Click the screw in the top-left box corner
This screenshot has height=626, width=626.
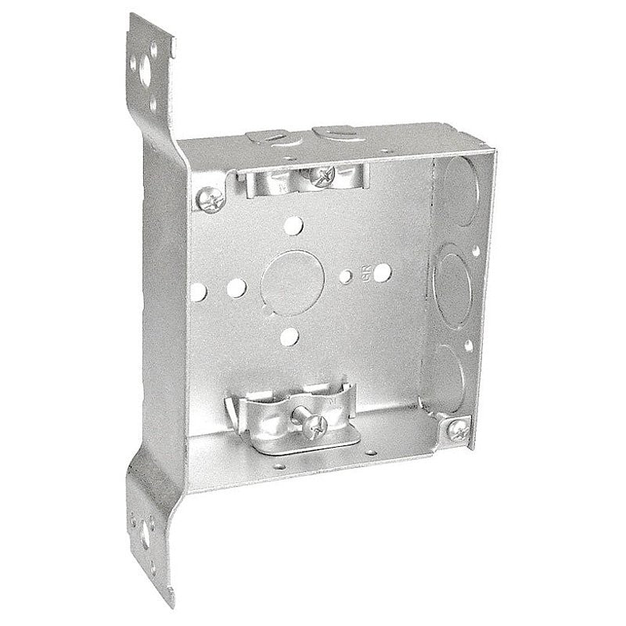pyautogui.click(x=210, y=200)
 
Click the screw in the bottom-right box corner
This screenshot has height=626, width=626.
pyautogui.click(x=458, y=429)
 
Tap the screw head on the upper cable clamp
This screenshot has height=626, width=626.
pyautogui.click(x=320, y=176)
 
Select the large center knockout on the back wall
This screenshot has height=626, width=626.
pyautogui.click(x=290, y=282)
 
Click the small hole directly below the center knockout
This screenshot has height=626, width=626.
pyautogui.click(x=290, y=337)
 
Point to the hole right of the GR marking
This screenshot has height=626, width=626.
pyautogui.click(x=383, y=273)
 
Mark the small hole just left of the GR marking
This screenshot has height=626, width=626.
pyautogui.click(x=346, y=276)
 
